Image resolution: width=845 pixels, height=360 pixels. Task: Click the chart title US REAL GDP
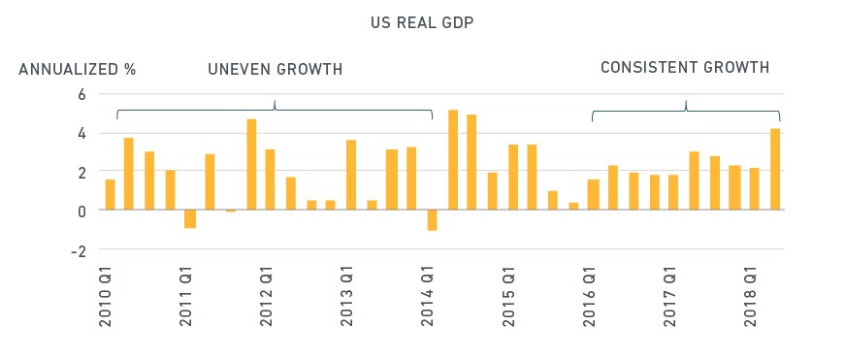coord(422,23)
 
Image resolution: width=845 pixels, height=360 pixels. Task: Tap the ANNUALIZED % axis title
coord(77,70)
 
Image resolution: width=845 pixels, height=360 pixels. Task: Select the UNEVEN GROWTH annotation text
coord(275,70)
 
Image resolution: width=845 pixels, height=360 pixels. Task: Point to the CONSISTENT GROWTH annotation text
coord(684,67)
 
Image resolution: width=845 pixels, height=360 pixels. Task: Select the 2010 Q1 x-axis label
coord(106,296)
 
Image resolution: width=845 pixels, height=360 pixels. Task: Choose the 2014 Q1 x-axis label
coord(427,296)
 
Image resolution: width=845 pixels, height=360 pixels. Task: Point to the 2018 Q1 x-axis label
coord(750,296)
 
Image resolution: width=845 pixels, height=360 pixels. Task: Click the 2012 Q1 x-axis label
coord(266,296)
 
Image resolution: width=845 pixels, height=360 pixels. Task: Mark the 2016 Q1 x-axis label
coord(589,296)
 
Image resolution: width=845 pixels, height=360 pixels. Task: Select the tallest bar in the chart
coord(453,159)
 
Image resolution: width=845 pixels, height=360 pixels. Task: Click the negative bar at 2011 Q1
coord(190,218)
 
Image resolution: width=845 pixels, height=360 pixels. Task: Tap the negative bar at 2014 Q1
coord(432,220)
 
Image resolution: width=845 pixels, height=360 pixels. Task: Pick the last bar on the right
coord(775,169)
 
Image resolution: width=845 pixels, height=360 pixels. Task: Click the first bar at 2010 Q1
coord(110,194)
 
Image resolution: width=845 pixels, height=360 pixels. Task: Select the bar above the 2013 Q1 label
coord(351,175)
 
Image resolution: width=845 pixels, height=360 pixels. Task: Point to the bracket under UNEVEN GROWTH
coord(275,111)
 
